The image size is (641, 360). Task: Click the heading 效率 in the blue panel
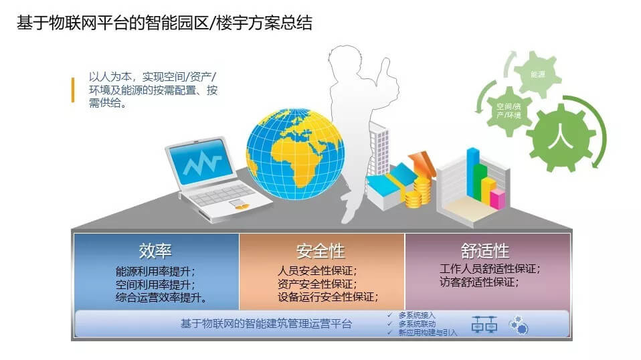click(x=155, y=251)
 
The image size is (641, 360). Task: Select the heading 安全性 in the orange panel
click(x=321, y=251)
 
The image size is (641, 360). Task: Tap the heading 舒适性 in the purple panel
click(x=485, y=250)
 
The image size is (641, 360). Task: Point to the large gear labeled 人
click(x=561, y=137)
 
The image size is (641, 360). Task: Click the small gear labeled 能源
click(x=537, y=74)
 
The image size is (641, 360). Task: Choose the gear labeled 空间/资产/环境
click(x=509, y=110)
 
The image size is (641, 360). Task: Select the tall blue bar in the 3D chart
click(x=473, y=171)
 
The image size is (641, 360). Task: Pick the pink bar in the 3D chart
click(x=498, y=199)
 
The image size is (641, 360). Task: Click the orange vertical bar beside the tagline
click(x=73, y=90)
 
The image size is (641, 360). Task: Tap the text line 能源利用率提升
click(x=155, y=271)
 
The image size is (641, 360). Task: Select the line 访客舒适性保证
click(x=478, y=282)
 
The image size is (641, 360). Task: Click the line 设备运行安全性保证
click(x=327, y=296)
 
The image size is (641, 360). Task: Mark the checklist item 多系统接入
click(x=417, y=315)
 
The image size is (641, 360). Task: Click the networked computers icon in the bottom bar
click(x=484, y=324)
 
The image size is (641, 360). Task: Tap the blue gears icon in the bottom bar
click(x=519, y=325)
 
